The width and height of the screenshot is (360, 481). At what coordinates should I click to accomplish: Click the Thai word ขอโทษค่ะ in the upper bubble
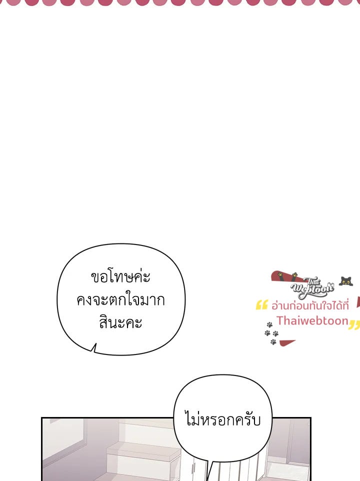(x=120, y=276)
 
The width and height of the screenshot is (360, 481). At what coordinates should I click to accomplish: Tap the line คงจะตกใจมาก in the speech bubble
(x=120, y=299)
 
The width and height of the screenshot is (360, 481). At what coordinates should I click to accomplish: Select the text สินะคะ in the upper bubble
(x=120, y=322)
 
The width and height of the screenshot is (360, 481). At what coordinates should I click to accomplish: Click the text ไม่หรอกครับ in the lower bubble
(x=222, y=419)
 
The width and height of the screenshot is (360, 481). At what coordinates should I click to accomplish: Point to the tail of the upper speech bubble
(x=94, y=348)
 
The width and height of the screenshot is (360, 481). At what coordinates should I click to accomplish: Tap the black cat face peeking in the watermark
(x=345, y=281)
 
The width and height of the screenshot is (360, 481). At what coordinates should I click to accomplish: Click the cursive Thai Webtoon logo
(x=312, y=287)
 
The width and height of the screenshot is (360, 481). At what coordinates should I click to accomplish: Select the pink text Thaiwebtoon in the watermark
(x=313, y=320)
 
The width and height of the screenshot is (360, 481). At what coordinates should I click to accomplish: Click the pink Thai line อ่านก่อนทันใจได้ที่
(x=310, y=305)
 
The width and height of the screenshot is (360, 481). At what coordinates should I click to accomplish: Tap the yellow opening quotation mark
(x=261, y=304)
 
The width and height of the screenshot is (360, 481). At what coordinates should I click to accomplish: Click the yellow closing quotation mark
(x=354, y=325)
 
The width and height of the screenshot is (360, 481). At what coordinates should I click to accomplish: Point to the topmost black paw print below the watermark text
(x=269, y=324)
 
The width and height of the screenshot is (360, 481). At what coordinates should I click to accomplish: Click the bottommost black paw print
(x=273, y=341)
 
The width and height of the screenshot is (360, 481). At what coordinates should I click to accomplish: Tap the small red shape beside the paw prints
(x=287, y=342)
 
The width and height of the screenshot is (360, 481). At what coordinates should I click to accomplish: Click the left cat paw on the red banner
(x=280, y=274)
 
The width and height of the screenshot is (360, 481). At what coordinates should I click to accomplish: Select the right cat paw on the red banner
(x=294, y=275)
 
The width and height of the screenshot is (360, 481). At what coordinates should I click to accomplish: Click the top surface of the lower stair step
(x=143, y=448)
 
